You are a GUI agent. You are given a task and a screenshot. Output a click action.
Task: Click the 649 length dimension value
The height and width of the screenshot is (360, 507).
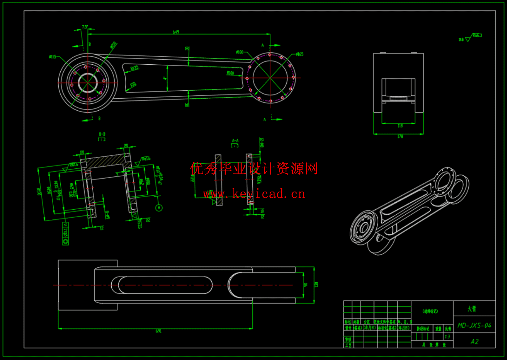[x=176, y=32]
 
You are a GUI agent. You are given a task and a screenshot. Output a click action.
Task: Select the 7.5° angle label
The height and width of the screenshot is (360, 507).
[x=85, y=27]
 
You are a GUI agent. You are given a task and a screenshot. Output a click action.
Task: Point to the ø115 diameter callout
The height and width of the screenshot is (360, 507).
[x=52, y=57]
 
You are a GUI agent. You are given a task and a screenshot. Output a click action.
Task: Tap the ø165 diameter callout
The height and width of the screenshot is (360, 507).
[x=299, y=54]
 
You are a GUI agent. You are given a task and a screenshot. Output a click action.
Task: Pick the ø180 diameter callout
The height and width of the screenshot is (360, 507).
[x=239, y=52]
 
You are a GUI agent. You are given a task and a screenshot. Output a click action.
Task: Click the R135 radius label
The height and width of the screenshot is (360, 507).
[x=135, y=68]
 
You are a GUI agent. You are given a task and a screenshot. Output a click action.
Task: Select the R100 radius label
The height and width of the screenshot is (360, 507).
[x=230, y=73]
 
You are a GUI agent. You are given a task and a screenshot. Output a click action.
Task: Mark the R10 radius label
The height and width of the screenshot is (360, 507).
[x=133, y=85]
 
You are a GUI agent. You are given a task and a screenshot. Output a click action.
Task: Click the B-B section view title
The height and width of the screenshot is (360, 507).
[x=102, y=134]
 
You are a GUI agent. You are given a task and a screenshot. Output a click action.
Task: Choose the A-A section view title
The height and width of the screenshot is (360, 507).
[x=235, y=141]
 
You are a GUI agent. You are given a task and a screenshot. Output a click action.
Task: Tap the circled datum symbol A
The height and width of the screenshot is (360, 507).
[x=159, y=208]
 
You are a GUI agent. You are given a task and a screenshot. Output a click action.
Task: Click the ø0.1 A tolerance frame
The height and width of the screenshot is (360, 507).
[x=65, y=234]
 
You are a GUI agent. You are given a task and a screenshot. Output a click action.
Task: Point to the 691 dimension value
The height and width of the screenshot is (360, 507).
[x=158, y=331]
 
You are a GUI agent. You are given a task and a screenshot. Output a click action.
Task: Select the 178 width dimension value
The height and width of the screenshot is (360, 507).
[x=400, y=136]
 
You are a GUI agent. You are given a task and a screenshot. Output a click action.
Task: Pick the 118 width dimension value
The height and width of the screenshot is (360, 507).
[x=400, y=126]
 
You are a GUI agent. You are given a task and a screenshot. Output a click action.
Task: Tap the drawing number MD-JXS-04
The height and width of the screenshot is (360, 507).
[x=474, y=326]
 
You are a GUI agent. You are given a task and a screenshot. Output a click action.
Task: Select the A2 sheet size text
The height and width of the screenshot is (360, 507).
[x=474, y=341]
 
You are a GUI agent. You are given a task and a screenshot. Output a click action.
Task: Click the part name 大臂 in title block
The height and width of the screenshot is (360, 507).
[x=472, y=309]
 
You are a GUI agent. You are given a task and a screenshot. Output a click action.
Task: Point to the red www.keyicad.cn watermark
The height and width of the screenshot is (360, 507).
[x=254, y=194]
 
